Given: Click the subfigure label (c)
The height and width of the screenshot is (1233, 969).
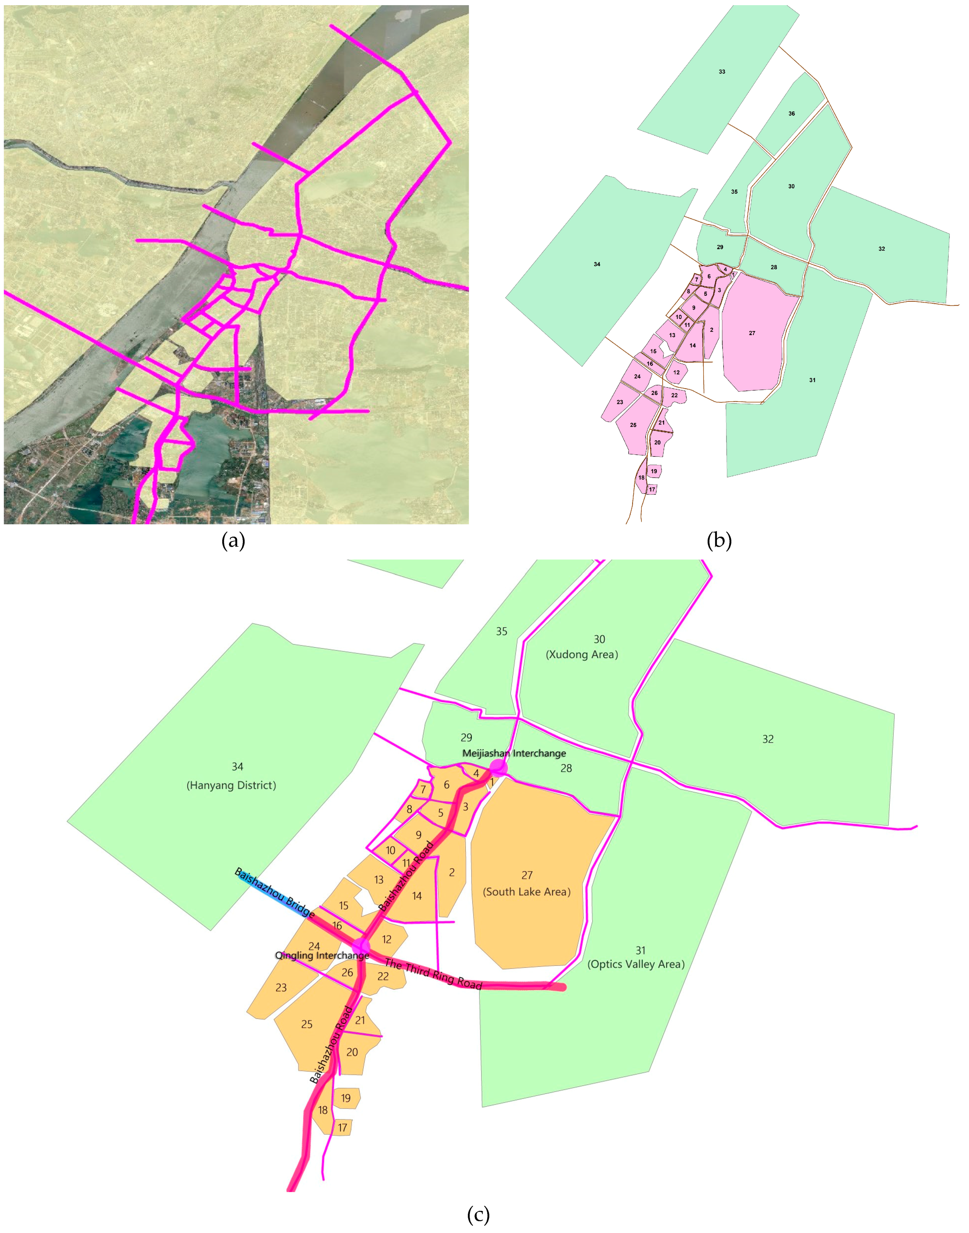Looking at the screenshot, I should pyautogui.click(x=478, y=1214).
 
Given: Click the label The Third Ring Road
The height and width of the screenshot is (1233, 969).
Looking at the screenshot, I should pyautogui.click(x=433, y=974).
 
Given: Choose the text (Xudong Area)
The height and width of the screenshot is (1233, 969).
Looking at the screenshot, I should pyautogui.click(x=582, y=654).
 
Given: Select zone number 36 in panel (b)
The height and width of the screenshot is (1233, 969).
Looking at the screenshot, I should pyautogui.click(x=791, y=113).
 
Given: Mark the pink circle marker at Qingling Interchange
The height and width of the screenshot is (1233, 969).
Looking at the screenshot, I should pyautogui.click(x=361, y=947).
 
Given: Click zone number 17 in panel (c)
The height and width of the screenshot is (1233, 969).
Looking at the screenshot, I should pyautogui.click(x=342, y=1128).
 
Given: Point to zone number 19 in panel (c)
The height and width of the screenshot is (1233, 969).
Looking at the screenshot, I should pyautogui.click(x=345, y=1098).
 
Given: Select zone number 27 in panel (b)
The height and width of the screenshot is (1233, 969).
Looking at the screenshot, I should pyautogui.click(x=752, y=333).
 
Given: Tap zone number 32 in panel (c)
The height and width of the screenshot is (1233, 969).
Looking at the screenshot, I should pyautogui.click(x=767, y=739).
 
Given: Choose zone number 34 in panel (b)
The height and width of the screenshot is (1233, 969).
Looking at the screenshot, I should pyautogui.click(x=597, y=264).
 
